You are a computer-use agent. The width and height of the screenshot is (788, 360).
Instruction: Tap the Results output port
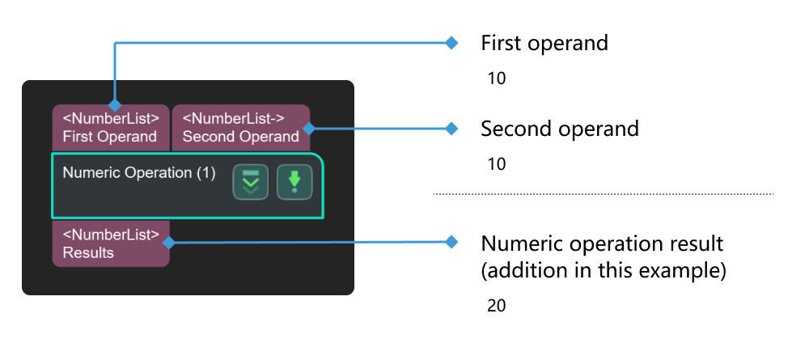coord(110,244)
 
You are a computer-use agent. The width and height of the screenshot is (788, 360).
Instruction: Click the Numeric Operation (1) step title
coord(138,172)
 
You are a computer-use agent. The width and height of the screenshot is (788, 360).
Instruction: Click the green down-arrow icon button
coord(294,182)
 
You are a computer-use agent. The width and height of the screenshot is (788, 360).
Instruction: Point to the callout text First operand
coord(544,43)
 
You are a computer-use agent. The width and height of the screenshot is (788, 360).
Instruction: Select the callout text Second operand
coord(559,129)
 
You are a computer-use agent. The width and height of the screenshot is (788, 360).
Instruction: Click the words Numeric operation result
coord(602,244)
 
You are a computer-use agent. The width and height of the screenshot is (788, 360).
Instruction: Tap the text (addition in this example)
coord(603,271)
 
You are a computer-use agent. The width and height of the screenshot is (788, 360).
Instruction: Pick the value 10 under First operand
coord(496,79)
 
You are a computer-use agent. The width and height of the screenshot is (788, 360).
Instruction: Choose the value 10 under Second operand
coord(496,164)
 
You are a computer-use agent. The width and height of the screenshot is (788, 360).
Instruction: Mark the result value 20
coord(496,306)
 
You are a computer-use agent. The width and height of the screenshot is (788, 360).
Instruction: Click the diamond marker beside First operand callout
coord(452,43)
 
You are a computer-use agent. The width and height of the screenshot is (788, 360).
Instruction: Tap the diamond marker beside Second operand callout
coord(452,128)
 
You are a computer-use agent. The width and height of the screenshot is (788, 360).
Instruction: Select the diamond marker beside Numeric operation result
coord(452,242)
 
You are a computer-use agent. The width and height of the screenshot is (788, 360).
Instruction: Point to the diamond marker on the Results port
coord(169,242)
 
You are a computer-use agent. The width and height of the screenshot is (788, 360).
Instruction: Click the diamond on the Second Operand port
coord(308,128)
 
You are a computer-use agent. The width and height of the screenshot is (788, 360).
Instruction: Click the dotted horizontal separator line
coord(603,194)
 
